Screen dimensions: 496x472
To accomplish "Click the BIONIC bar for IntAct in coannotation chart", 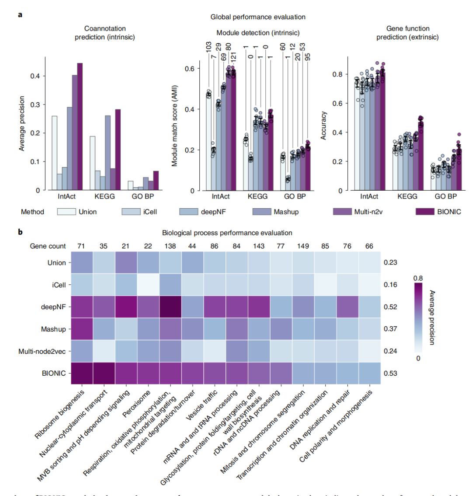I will (80, 127).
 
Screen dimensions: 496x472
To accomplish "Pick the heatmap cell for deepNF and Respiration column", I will (170, 307).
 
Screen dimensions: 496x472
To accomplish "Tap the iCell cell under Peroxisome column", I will (149, 285).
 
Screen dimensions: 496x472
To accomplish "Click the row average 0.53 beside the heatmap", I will (390, 373).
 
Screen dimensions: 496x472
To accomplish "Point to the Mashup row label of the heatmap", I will (54, 329).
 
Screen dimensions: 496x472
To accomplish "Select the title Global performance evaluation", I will (258, 17).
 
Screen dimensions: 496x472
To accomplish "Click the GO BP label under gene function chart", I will (446, 196).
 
